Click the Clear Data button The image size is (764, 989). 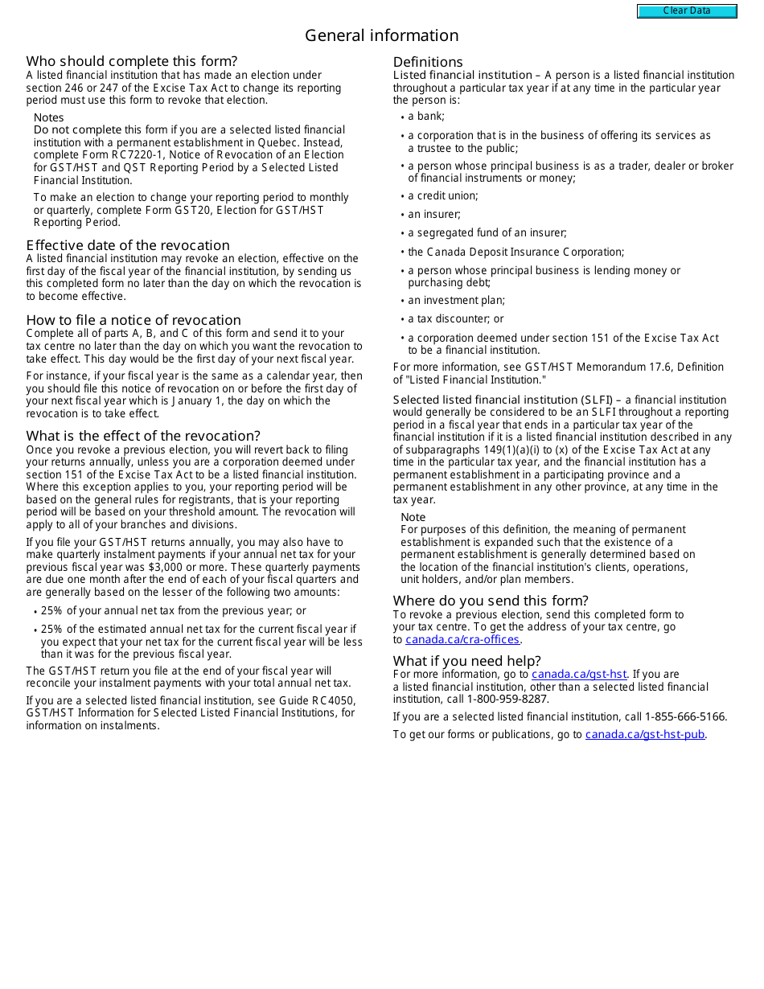point(687,11)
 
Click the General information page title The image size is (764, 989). point(381,35)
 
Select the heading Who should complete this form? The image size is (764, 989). point(132,61)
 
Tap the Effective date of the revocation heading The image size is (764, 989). point(128,245)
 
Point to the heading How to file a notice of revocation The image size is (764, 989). point(133,320)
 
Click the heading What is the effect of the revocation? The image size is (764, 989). point(143,437)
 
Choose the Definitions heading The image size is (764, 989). point(428,62)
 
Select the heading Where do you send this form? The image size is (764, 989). point(491,601)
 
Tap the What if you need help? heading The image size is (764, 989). point(467,662)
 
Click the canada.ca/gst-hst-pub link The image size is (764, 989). point(645,735)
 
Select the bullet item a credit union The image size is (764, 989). point(442,196)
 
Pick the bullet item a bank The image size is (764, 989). point(425,117)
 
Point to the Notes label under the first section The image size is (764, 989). point(48,118)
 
